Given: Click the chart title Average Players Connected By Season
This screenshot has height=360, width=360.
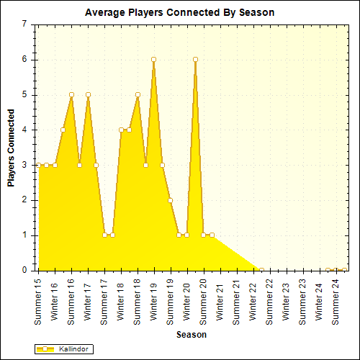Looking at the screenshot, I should point(179,13).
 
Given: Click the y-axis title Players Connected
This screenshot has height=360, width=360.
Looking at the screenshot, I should point(12,148).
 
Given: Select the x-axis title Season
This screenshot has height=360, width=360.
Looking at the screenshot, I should point(192,335).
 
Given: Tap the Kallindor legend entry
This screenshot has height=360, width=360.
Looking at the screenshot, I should point(68,348).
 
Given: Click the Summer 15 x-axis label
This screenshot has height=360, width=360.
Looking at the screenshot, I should point(39,300).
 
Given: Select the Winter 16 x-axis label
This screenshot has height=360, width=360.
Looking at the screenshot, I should point(55,299).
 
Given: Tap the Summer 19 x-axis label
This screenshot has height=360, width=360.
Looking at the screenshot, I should point(171,300).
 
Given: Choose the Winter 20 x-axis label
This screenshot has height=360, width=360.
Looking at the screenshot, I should point(187,299).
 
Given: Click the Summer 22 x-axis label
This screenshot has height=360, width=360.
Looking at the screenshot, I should point(270,300).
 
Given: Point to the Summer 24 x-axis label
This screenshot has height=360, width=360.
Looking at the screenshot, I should point(336,300).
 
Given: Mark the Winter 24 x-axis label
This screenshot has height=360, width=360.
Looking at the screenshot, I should point(320,299).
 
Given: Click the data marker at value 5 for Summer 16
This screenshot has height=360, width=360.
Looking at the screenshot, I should point(71,94).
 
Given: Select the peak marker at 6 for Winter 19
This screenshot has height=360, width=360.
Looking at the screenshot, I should point(154,59).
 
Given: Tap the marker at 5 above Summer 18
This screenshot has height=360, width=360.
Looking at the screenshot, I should point(138,94).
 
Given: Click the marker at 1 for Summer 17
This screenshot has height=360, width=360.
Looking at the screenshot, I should point(104,235).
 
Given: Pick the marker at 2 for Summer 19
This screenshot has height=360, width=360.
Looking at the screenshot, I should point(171,200).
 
